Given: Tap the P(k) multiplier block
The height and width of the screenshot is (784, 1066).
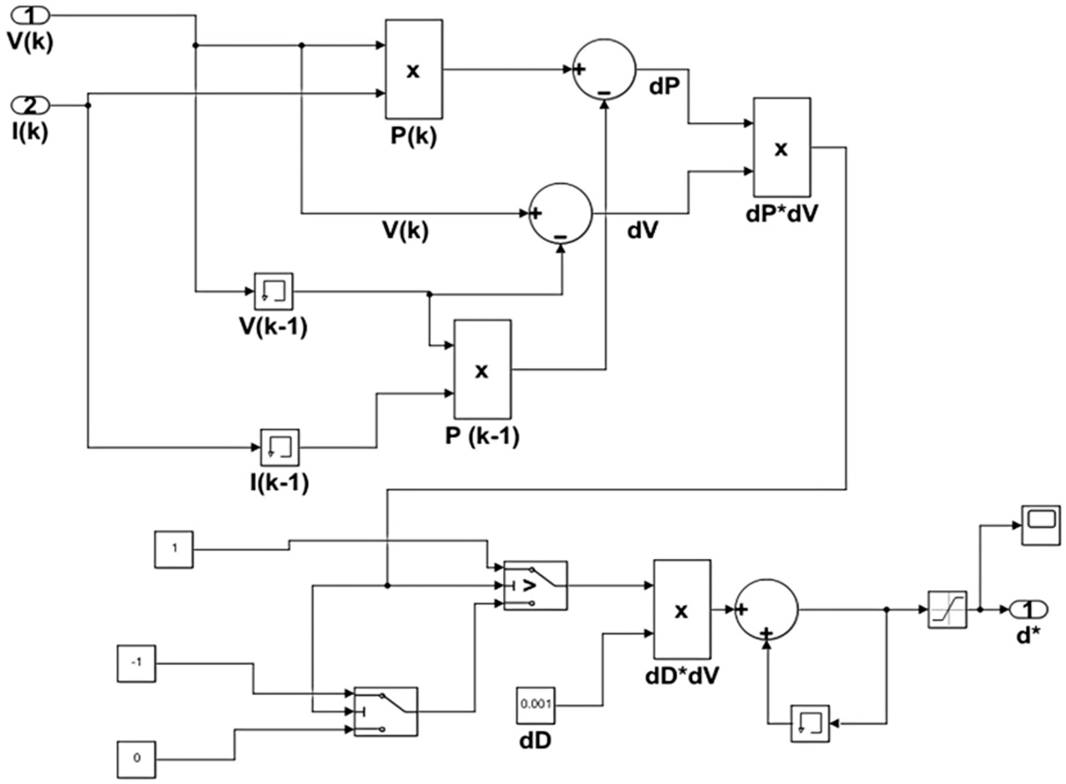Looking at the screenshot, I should (x=414, y=69).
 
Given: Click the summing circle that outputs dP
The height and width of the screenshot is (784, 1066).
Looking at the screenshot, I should (x=604, y=69).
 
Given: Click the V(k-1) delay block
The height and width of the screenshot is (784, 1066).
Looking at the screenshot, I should (x=274, y=291).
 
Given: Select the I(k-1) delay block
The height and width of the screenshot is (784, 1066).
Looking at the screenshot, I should (x=280, y=447).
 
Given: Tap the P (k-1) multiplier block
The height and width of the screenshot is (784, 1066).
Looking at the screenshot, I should (x=482, y=369).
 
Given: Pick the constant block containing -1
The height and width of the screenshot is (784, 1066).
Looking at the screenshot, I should (x=136, y=664).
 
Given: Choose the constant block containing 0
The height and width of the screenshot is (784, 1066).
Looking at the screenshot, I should (x=136, y=759).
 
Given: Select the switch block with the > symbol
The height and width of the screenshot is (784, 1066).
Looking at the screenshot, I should (x=535, y=586).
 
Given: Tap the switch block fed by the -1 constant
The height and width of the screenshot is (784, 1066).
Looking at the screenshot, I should (x=386, y=712).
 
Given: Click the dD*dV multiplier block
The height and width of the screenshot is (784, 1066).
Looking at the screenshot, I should (x=682, y=609).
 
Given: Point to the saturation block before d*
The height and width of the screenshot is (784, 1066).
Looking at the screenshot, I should (x=947, y=610).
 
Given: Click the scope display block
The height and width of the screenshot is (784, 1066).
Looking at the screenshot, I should (x=1041, y=525).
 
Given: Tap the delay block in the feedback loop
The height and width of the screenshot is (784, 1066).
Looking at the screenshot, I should (x=810, y=724).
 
